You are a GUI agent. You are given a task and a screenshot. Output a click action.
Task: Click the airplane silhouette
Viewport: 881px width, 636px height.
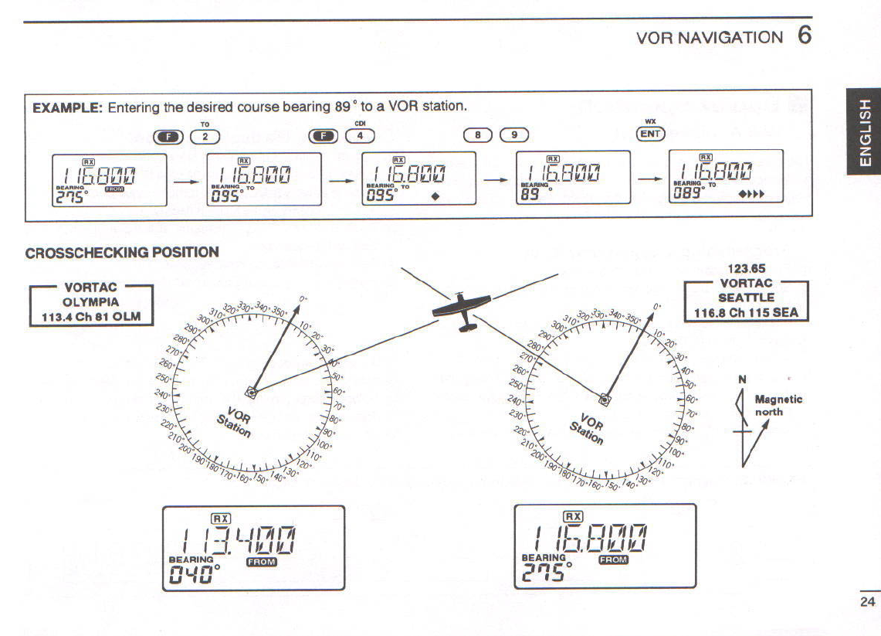[462, 311]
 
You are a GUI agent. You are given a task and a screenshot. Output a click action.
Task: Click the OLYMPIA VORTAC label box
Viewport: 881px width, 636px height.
[91, 302]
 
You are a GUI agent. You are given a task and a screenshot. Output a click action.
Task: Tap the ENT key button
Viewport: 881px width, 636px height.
[650, 134]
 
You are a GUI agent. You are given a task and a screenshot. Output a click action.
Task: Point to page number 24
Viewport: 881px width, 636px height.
[866, 601]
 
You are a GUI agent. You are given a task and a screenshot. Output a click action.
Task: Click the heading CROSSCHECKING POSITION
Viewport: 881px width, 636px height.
[122, 253]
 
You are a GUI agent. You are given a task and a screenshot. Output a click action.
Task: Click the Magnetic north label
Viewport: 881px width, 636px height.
[778, 406]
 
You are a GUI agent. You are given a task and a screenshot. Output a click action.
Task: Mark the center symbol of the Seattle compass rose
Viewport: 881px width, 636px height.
[605, 399]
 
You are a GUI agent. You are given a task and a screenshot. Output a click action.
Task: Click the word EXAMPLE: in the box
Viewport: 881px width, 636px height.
[67, 107]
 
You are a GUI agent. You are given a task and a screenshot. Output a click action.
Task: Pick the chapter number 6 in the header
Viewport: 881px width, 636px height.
[805, 36]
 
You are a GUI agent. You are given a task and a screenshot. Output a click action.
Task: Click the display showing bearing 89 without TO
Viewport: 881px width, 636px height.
[572, 178]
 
